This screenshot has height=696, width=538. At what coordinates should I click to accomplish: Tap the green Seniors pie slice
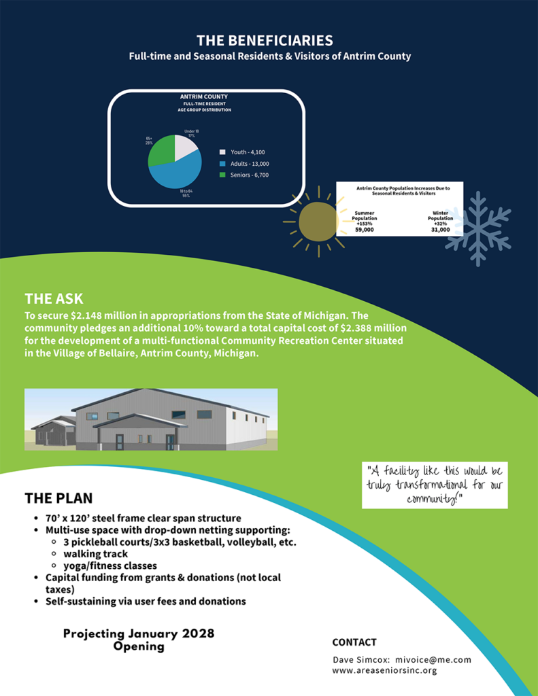[161, 151]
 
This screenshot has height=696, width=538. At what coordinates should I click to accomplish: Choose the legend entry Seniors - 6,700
[244, 175]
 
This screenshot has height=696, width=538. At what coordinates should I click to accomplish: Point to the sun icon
[318, 222]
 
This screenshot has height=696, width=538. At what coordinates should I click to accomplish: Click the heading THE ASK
[54, 298]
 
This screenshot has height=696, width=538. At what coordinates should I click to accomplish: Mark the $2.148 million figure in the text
[103, 316]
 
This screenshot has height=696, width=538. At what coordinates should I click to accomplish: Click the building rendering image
[151, 419]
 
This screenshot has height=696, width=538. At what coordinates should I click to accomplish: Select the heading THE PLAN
[58, 498]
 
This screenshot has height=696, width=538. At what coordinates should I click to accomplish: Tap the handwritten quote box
[435, 485]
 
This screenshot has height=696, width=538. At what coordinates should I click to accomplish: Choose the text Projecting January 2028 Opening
[139, 640]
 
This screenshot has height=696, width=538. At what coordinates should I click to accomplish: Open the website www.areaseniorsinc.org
[384, 670]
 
